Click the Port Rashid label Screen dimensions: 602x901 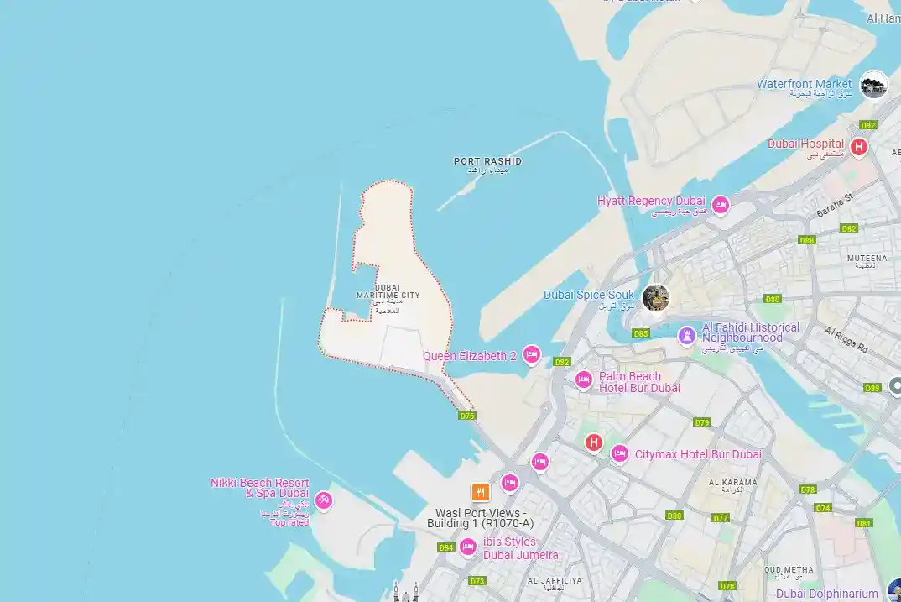487,161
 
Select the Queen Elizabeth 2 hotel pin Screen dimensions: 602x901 531,355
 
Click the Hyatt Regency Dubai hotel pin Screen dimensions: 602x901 720,205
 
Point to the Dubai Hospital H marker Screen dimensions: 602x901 858,148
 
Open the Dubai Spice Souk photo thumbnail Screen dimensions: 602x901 656,297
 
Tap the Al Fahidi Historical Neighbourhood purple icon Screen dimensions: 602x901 687,336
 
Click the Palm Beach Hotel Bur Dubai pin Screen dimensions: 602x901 584,380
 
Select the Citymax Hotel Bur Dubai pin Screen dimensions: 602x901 619,453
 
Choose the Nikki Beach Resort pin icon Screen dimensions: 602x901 324,501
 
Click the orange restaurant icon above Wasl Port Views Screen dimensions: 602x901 480,492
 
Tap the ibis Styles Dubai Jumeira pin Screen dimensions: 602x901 468,547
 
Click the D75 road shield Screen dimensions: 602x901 467,415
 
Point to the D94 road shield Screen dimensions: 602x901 445,547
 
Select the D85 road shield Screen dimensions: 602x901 641,333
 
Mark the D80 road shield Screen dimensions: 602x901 772,299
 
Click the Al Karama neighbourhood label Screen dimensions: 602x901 732,483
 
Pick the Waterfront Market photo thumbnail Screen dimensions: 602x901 874,84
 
